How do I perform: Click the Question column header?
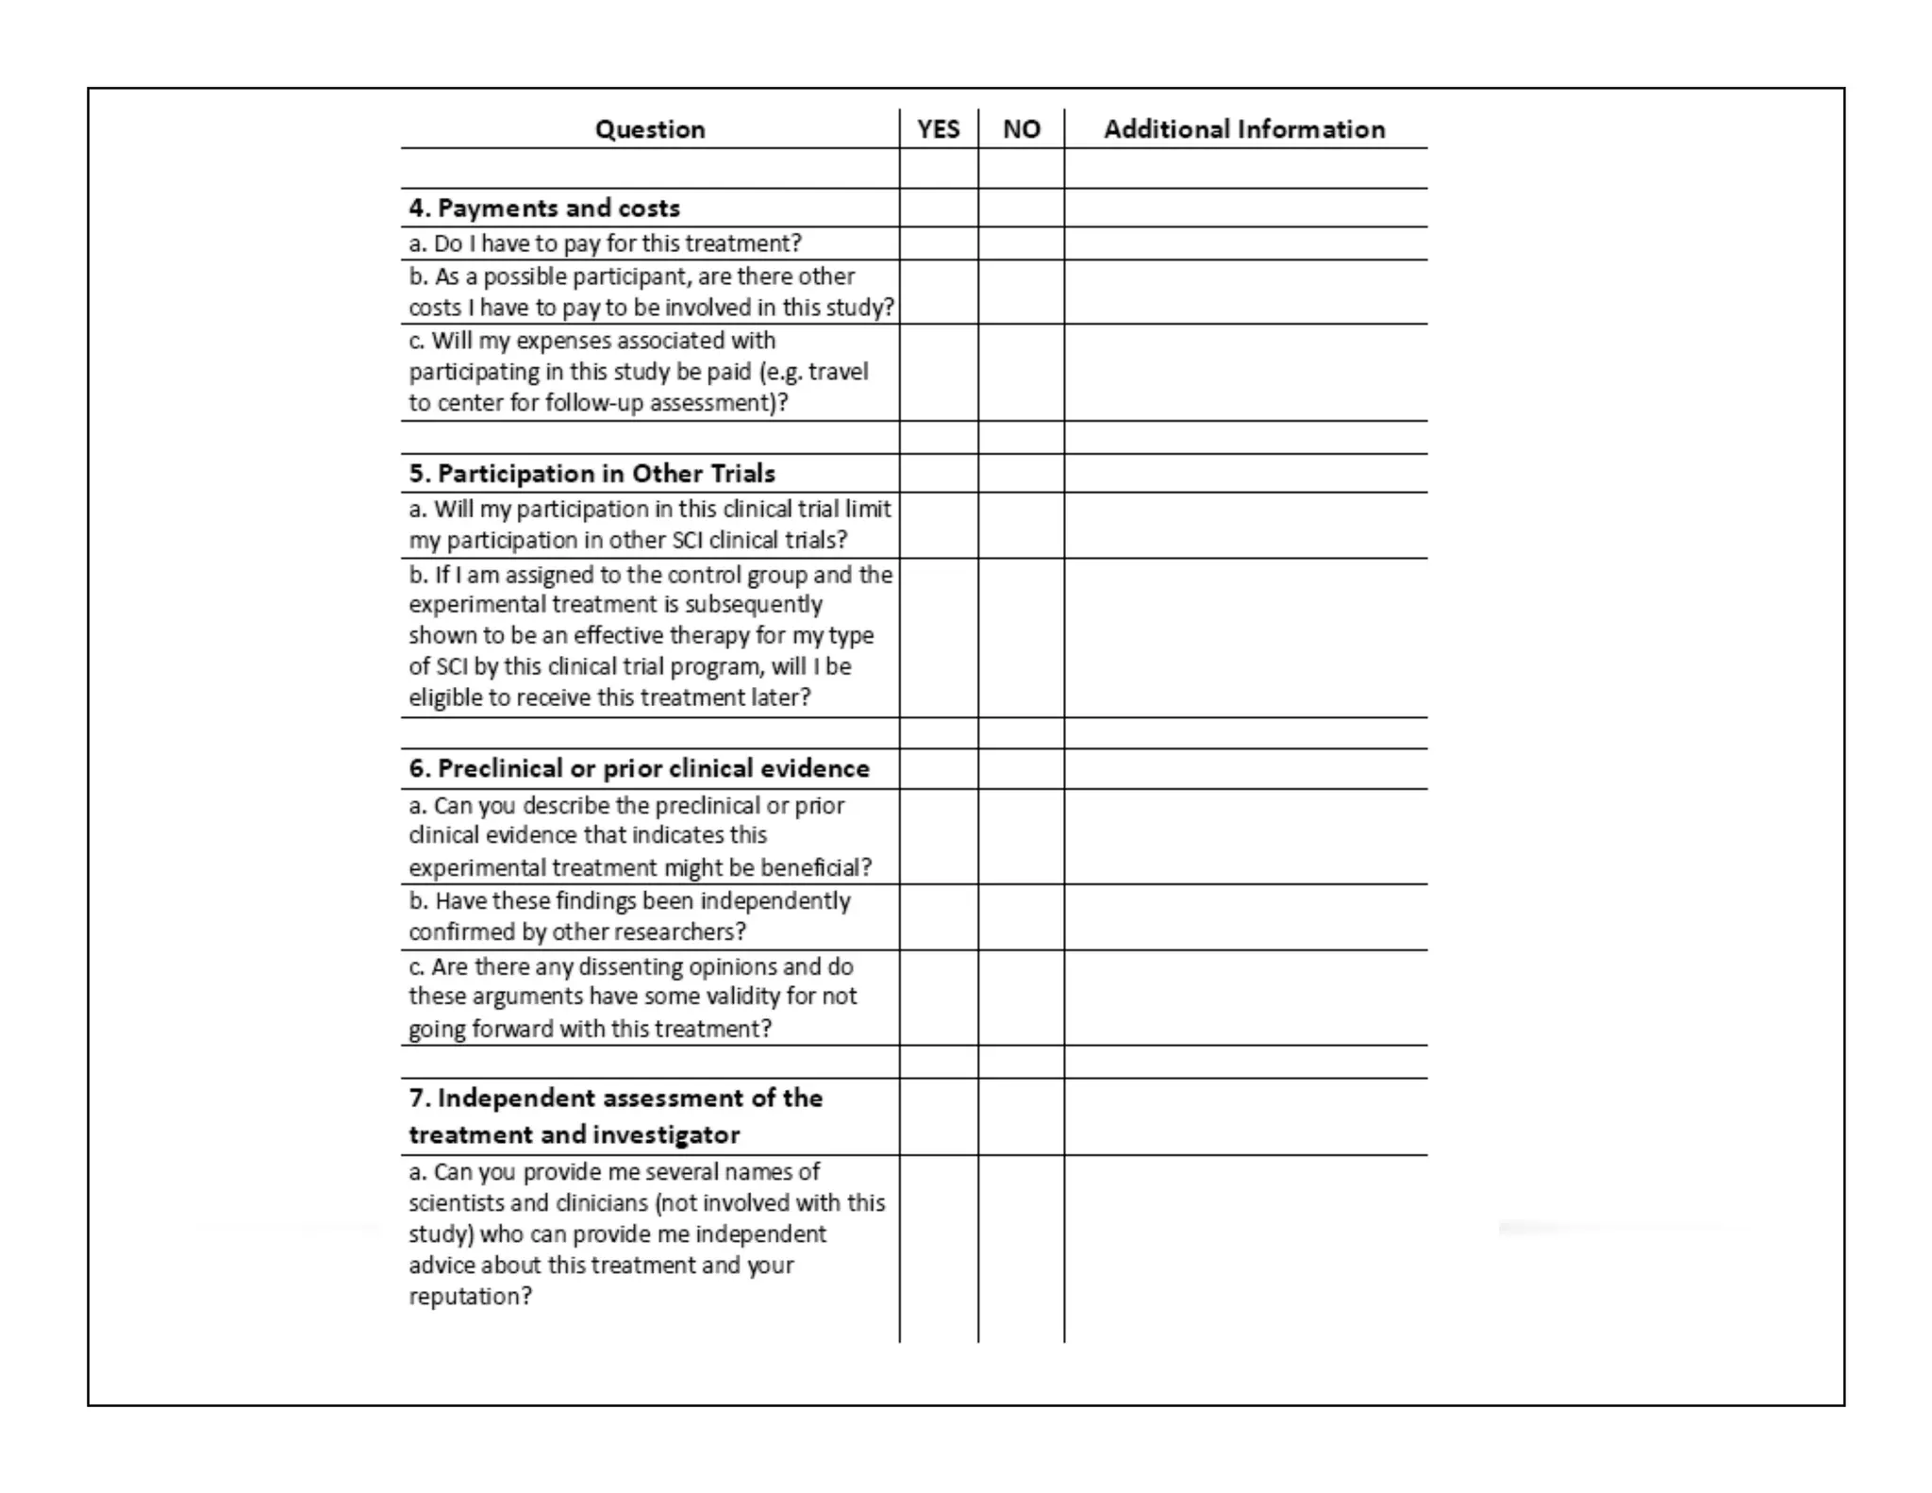(x=650, y=129)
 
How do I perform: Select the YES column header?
(x=939, y=129)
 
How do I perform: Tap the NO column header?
(x=1021, y=129)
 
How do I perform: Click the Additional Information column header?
(x=1244, y=129)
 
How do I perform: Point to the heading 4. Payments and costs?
(x=544, y=208)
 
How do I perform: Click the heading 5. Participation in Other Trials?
(x=591, y=473)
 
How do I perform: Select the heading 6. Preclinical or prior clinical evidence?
(x=639, y=768)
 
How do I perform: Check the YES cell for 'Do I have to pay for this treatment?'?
(x=939, y=243)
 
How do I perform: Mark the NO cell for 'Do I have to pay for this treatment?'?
(x=1021, y=243)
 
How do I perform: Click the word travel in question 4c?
(x=838, y=372)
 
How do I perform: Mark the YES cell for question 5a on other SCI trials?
(x=939, y=525)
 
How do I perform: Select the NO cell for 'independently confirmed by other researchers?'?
(x=1021, y=916)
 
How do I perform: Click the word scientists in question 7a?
(x=454, y=1203)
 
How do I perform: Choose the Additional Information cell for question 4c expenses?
(x=1244, y=372)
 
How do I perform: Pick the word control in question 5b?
(x=738, y=575)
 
